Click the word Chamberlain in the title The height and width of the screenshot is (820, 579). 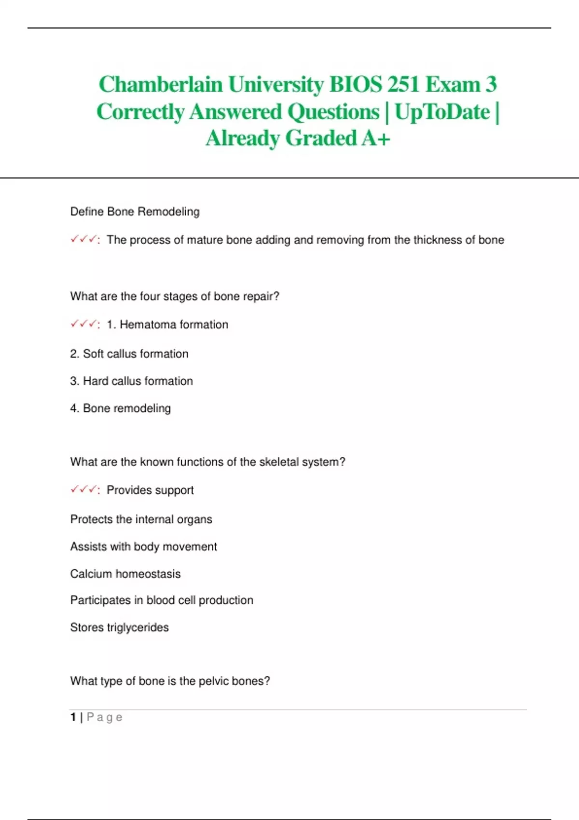(161, 85)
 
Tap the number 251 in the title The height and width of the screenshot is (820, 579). (402, 85)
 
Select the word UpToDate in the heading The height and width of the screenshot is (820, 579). (442, 112)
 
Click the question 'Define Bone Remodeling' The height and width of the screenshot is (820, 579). (135, 211)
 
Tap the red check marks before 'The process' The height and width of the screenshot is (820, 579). (83, 239)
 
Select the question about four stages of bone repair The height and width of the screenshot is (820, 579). (175, 296)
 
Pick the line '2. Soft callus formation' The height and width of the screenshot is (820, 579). (129, 354)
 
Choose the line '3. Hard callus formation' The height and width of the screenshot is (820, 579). (131, 381)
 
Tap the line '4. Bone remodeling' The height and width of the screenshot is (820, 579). (120, 408)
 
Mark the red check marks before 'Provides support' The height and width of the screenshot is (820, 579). (83, 490)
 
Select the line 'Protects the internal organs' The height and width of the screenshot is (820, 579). (141, 519)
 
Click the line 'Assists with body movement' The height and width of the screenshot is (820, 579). (143, 547)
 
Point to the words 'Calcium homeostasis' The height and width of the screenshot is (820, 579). (125, 574)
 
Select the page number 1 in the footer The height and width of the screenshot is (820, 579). (73, 717)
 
